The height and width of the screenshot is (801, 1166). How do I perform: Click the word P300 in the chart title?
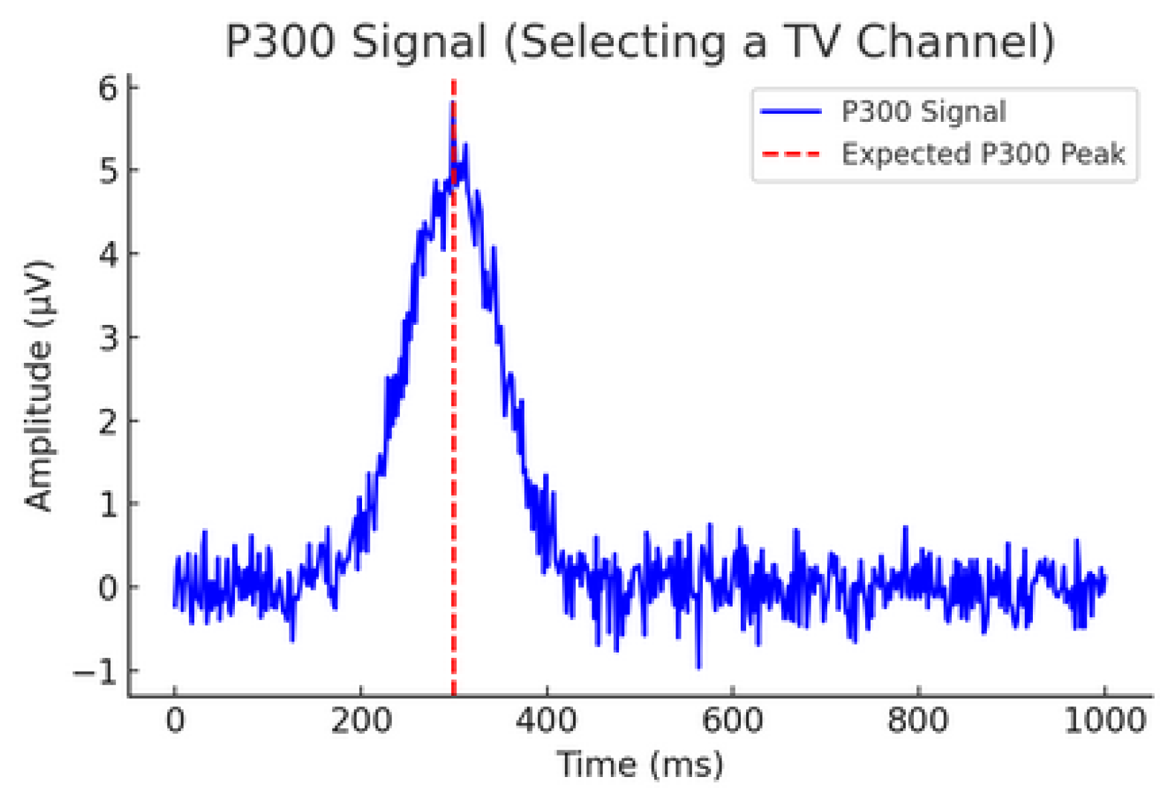(280, 41)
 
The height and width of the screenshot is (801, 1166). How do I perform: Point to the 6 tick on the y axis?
(108, 88)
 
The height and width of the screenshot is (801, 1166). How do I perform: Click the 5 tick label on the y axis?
(108, 171)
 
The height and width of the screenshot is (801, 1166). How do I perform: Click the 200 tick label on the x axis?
(361, 721)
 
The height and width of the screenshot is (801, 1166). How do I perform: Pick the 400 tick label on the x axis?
(546, 721)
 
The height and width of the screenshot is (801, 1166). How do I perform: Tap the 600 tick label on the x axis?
(732, 721)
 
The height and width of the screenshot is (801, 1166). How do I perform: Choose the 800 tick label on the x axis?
(918, 721)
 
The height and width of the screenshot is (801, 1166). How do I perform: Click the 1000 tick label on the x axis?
(1104, 721)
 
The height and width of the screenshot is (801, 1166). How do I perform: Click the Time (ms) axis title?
(640, 764)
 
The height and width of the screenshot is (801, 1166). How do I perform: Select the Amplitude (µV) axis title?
(39, 386)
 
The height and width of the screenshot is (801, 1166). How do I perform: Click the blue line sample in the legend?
(791, 112)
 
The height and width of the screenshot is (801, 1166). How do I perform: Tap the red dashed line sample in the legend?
(791, 154)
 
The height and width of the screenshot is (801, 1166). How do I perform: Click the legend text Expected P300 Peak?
(983, 154)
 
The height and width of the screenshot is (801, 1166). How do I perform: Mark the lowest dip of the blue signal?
(698, 666)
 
